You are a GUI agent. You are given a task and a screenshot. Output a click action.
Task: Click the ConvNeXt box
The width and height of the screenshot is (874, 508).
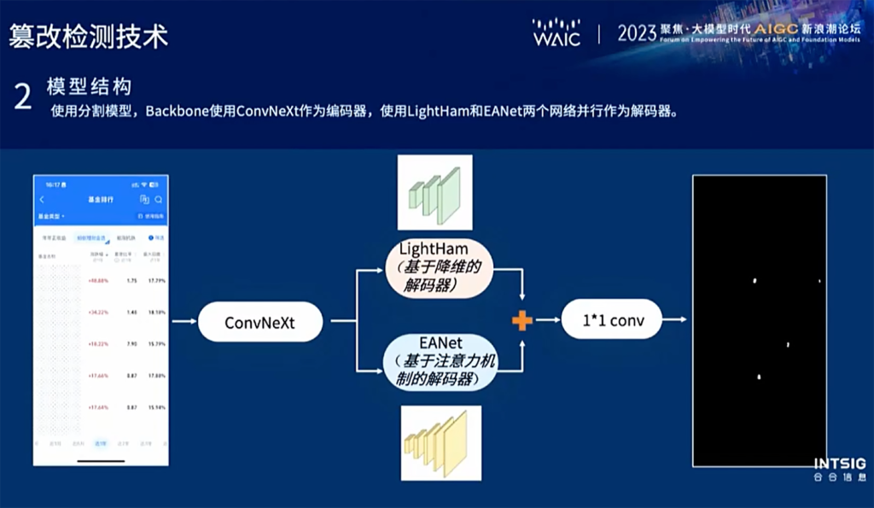tap(260, 322)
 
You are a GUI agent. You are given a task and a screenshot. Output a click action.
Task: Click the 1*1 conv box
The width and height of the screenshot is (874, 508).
tap(611, 321)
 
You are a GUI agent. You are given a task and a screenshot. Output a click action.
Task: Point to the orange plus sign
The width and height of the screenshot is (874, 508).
tap(521, 321)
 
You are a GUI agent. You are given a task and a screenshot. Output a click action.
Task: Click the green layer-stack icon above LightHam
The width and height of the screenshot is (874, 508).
tap(435, 193)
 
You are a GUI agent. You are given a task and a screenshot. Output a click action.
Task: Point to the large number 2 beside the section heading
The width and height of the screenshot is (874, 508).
tap(23, 97)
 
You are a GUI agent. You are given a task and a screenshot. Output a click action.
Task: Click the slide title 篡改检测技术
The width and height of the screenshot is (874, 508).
tap(88, 35)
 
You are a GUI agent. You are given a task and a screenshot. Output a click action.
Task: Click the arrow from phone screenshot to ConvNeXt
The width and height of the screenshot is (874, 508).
tap(184, 322)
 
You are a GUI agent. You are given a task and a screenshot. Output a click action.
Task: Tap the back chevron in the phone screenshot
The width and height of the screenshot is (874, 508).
tap(42, 199)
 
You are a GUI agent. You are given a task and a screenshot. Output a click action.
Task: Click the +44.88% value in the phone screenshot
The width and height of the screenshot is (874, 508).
tap(98, 280)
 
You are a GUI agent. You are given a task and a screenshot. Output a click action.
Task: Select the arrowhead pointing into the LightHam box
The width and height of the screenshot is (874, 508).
tap(379, 271)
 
